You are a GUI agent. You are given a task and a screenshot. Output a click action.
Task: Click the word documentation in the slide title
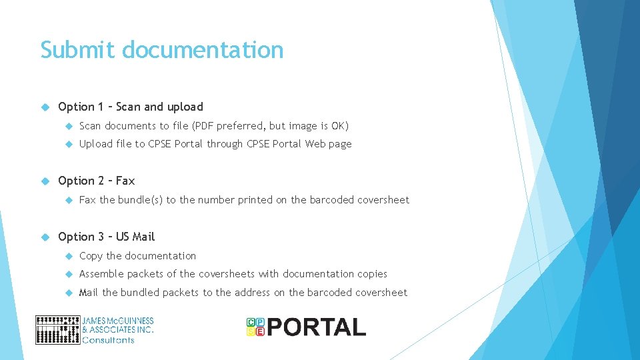click(203, 50)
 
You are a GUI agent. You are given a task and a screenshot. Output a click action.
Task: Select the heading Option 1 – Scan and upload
click(130, 107)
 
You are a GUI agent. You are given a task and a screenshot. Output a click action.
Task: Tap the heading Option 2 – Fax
click(96, 181)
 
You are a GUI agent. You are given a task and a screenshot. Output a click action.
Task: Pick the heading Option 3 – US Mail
click(106, 237)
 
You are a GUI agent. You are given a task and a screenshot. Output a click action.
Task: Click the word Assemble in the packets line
click(101, 274)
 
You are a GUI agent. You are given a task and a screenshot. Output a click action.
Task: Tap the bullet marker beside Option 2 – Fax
click(45, 181)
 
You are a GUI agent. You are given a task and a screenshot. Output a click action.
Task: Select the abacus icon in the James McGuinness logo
click(57, 330)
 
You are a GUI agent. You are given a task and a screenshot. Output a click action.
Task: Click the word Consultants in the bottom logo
click(108, 340)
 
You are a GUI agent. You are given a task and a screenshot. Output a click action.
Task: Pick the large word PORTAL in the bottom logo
click(317, 327)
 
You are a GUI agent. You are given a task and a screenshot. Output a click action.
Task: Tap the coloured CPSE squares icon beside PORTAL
click(255, 327)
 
